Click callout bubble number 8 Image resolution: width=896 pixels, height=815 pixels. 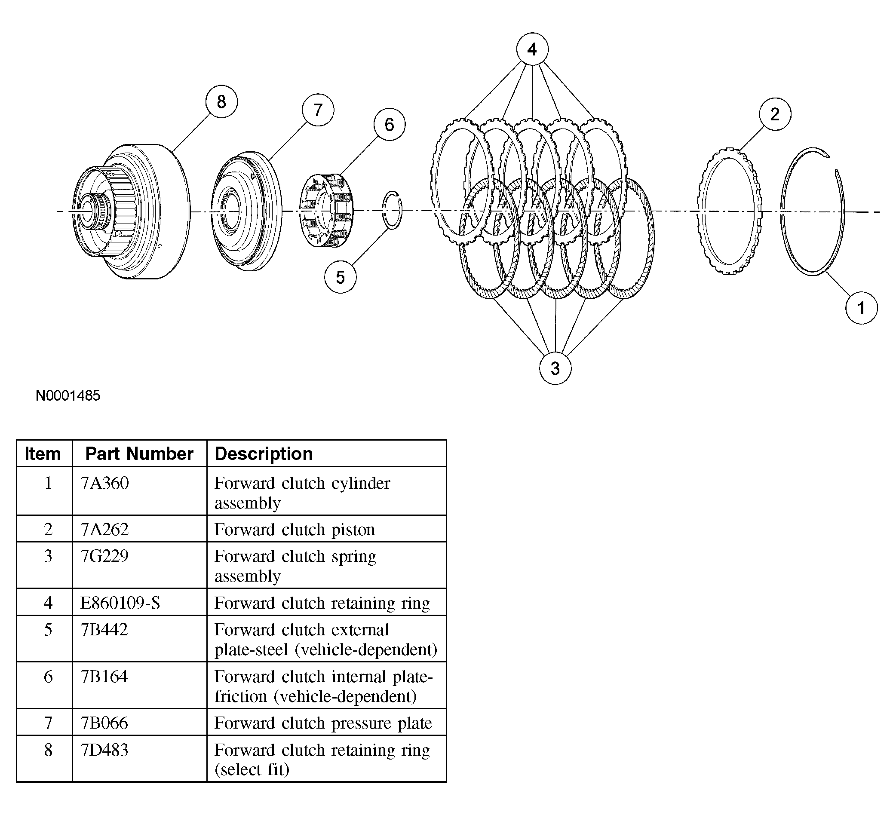click(x=221, y=102)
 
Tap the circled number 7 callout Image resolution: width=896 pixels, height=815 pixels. click(x=318, y=110)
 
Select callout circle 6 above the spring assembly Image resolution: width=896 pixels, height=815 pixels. click(x=390, y=124)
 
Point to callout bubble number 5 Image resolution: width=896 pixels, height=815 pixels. click(x=340, y=277)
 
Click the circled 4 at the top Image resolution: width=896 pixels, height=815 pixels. click(x=532, y=49)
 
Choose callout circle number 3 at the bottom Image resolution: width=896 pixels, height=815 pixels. click(x=555, y=368)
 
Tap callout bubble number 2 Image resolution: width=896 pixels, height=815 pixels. click(x=775, y=114)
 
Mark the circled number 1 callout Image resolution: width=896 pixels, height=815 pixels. click(x=861, y=308)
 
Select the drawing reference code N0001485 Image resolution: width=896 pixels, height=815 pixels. click(x=68, y=395)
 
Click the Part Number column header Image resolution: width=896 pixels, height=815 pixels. click(x=139, y=454)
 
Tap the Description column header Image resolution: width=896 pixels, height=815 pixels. click(x=264, y=454)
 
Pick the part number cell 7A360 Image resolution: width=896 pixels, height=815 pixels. click(x=105, y=483)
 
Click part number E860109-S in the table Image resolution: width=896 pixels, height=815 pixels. click(x=120, y=603)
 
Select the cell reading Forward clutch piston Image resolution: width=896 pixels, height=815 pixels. click(x=295, y=530)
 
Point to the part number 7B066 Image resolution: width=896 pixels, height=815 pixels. click(x=104, y=723)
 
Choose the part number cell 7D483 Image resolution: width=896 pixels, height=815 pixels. click(x=104, y=750)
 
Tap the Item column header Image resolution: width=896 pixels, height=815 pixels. click(x=43, y=454)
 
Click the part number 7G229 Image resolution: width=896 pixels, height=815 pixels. click(x=104, y=556)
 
